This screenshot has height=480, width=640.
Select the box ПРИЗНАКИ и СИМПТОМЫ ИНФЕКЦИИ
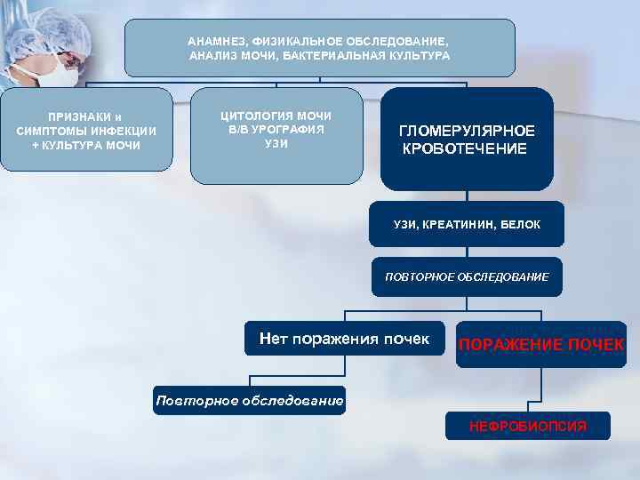pyautogui.click(x=86, y=130)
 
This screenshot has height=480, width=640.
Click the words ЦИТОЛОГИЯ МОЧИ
pyautogui.click(x=276, y=116)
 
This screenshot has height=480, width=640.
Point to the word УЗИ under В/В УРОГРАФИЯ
pyautogui.click(x=276, y=143)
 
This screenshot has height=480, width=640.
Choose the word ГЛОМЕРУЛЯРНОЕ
pyautogui.click(x=467, y=131)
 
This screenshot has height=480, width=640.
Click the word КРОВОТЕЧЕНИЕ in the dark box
pyautogui.click(x=465, y=148)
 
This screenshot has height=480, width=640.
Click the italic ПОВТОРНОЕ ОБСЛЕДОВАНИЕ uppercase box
pyautogui.click(x=467, y=277)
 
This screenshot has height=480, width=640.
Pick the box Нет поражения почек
pyautogui.click(x=344, y=339)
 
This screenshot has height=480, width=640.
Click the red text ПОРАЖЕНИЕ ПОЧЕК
pyautogui.click(x=541, y=345)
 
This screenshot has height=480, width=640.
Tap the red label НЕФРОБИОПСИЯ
pyautogui.click(x=528, y=427)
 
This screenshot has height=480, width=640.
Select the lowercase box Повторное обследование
pyautogui.click(x=249, y=401)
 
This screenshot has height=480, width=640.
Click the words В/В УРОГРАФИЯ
pyautogui.click(x=276, y=130)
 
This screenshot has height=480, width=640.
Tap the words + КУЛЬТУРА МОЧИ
pyautogui.click(x=86, y=145)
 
